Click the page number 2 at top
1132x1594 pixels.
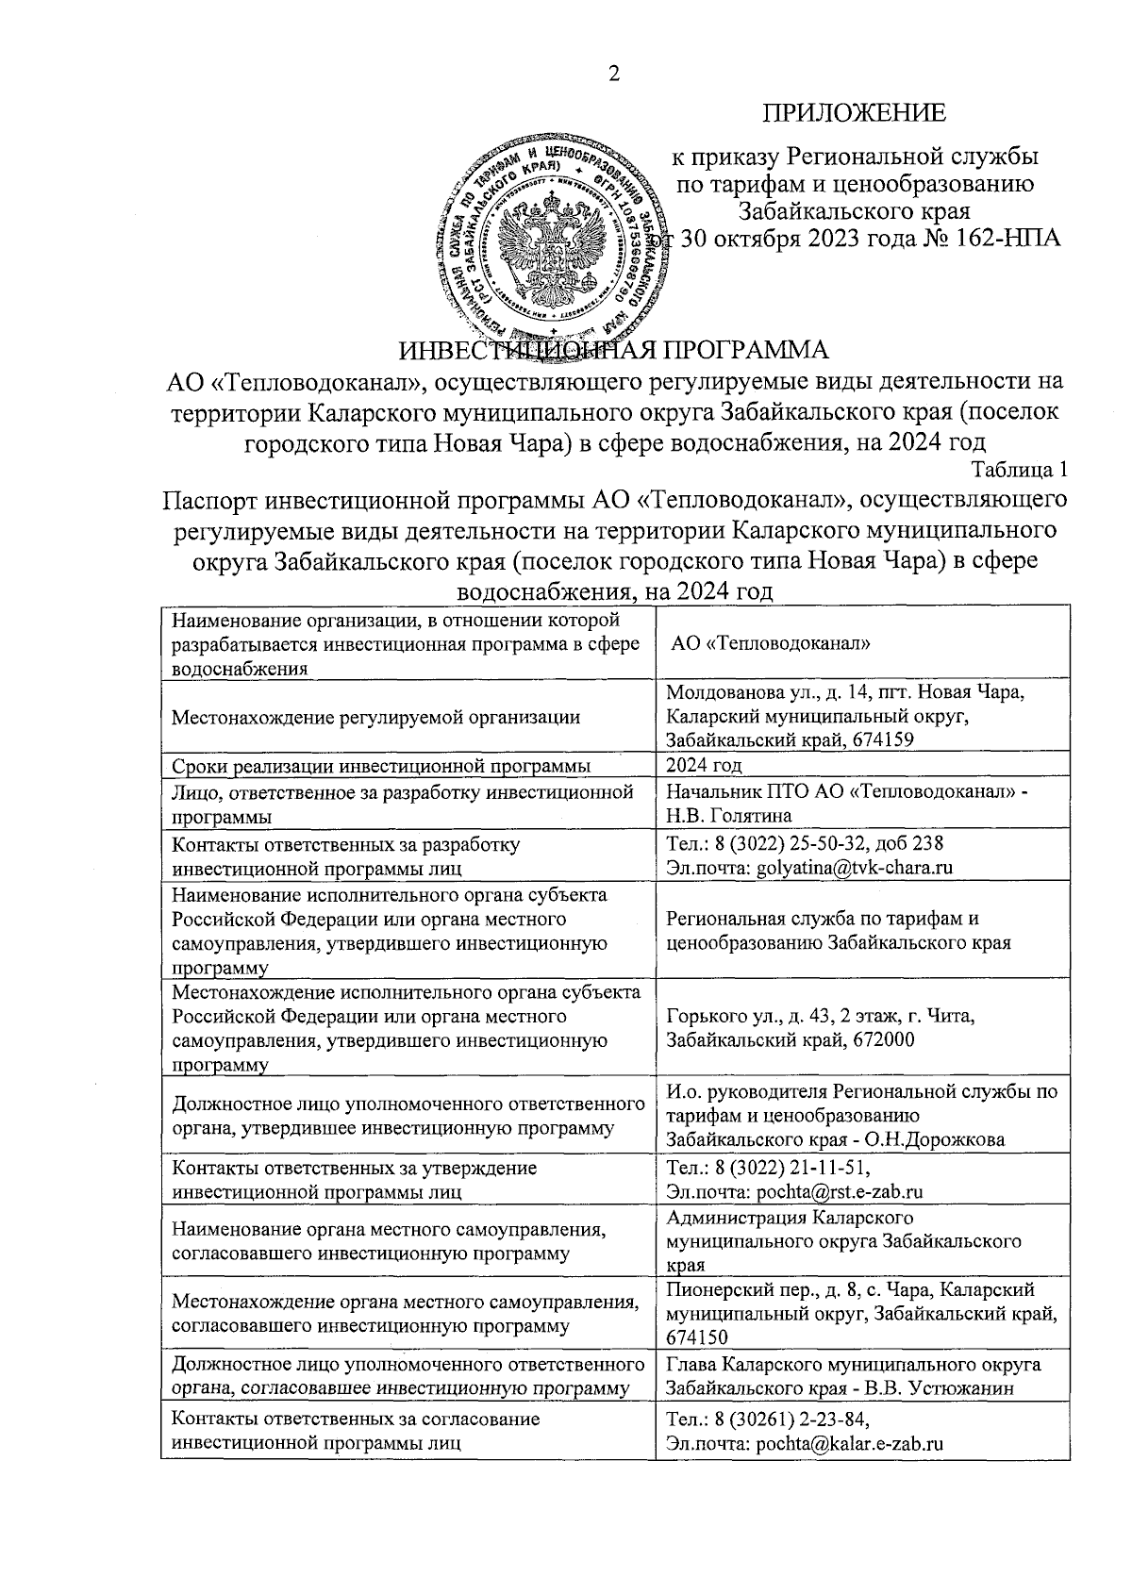(614, 75)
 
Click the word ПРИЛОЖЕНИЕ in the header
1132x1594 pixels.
(854, 114)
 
